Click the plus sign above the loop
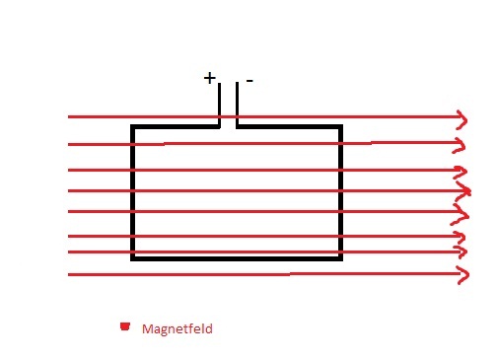[209, 78]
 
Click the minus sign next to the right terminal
[249, 81]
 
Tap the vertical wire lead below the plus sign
[219, 105]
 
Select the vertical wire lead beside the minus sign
[237, 105]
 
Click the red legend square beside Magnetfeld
[125, 326]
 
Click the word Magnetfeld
[177, 328]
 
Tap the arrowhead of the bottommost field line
[462, 275]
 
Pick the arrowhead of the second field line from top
[460, 145]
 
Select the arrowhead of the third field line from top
[461, 171]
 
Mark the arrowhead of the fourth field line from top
[463, 191]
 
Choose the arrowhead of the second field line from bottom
[461, 252]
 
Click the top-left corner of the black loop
[132, 126]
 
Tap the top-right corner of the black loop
[341, 126]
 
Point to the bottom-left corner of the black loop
[132, 258]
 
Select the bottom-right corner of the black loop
[341, 258]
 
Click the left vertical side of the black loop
[132, 192]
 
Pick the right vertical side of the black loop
[341, 192]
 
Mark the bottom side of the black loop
[237, 258]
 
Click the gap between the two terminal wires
[228, 106]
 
